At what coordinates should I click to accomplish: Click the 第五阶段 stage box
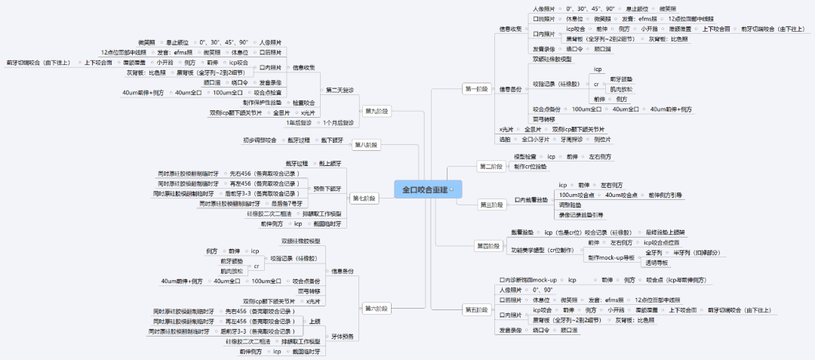click(477, 309)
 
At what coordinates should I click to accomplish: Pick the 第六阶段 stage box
click(377, 308)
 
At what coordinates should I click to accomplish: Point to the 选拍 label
click(505, 140)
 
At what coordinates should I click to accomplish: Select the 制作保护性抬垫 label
click(263, 102)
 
